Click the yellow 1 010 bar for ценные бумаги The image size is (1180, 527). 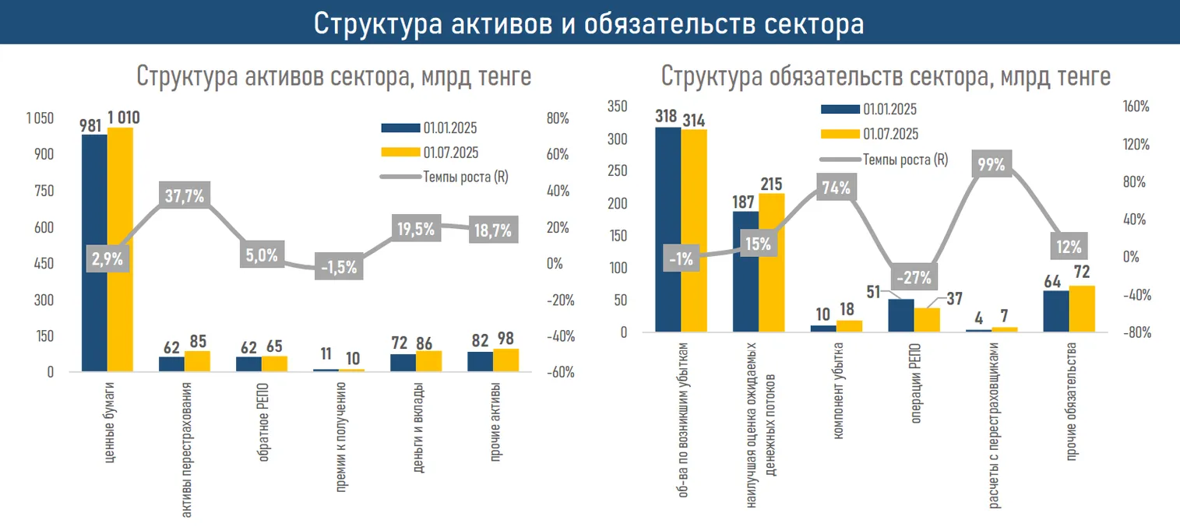coord(120,249)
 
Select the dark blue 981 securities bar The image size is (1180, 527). coord(94,253)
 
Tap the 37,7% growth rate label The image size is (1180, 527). coord(185,196)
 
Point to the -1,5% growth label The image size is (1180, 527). coord(340,266)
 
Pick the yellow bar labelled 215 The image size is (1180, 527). coord(772,262)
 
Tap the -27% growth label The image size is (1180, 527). coord(913,278)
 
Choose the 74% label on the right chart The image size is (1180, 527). coord(837,188)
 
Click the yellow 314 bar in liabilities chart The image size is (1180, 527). coord(694,230)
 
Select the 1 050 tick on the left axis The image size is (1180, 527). coord(40,118)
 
